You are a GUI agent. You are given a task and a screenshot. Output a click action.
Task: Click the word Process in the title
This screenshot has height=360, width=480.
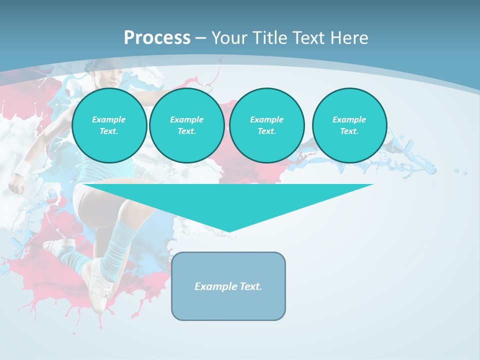(157, 38)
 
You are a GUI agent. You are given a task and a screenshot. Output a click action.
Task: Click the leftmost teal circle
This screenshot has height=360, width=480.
(109, 125)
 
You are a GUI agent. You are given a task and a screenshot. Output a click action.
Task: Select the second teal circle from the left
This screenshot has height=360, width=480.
(186, 125)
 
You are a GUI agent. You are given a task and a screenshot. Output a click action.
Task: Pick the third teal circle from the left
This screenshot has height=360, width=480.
(266, 125)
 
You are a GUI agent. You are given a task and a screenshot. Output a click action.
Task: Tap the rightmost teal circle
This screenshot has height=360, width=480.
(349, 125)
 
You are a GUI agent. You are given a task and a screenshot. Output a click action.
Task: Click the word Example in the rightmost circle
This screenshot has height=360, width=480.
(349, 119)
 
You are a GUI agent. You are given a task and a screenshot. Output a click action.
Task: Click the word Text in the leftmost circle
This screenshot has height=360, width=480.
(108, 131)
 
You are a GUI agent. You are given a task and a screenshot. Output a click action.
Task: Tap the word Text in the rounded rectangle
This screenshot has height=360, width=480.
(251, 286)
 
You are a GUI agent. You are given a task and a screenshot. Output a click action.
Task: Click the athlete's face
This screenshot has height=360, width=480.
(112, 77)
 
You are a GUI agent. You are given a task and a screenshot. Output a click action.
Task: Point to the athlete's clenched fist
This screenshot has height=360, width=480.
(16, 186)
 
